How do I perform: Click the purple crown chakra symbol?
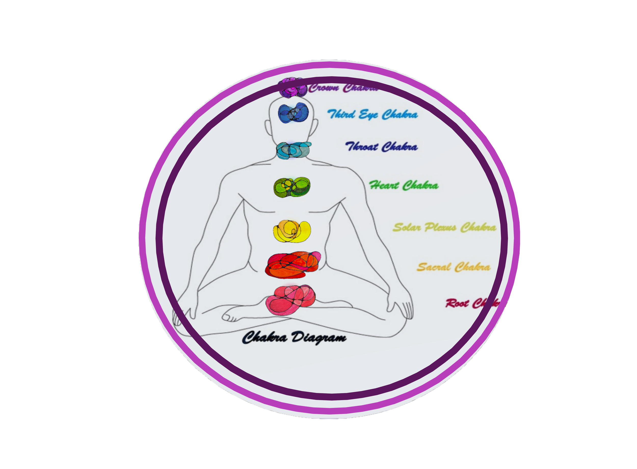coord(293,88)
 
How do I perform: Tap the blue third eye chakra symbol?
coord(294,113)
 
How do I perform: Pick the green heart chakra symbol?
coord(292,187)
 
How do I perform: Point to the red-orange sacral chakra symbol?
coord(293,264)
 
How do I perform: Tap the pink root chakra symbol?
coord(290,300)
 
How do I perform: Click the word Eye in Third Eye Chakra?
coord(368,115)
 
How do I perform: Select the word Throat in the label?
coord(362,147)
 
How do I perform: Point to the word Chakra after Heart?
coord(421,186)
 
